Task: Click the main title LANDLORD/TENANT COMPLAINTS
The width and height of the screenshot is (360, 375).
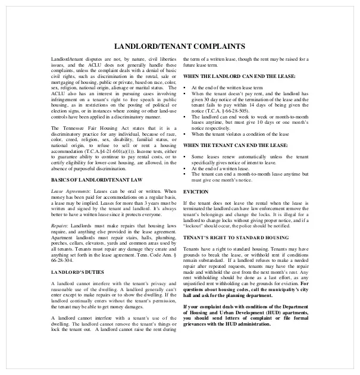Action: point(179,46)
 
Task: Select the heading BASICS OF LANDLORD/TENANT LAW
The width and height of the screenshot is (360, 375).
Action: point(89,179)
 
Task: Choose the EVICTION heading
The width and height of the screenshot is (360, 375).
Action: point(196,191)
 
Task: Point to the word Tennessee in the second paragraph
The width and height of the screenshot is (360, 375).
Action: point(80,127)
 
